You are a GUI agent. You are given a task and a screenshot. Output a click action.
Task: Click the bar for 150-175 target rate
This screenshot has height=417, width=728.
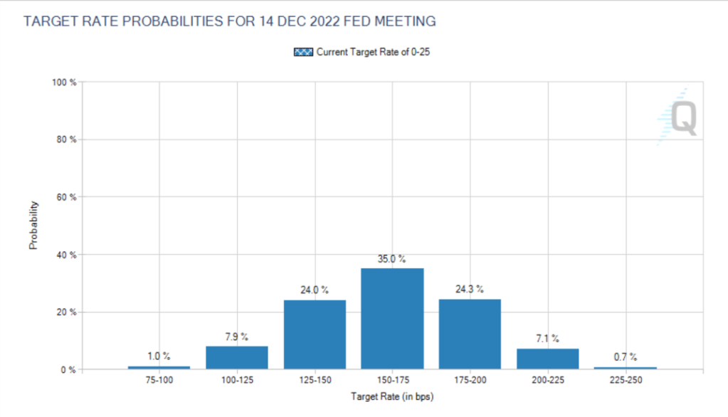pyautogui.click(x=392, y=319)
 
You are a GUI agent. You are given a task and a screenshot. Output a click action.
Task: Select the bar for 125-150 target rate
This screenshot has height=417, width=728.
pyautogui.click(x=315, y=334)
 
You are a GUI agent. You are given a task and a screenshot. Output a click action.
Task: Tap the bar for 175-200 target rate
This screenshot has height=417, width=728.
pyautogui.click(x=470, y=334)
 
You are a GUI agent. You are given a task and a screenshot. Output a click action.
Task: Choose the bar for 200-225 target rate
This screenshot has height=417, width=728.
pyautogui.click(x=547, y=359)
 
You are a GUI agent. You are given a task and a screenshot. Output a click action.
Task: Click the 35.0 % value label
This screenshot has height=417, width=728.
pyautogui.click(x=392, y=260)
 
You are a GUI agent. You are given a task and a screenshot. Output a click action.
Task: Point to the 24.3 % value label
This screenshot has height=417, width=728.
pyautogui.click(x=470, y=290)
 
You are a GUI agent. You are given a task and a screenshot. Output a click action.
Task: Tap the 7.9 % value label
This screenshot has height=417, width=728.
pyautogui.click(x=237, y=337)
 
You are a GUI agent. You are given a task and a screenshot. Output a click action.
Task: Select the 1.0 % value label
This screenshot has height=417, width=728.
pyautogui.click(x=159, y=357)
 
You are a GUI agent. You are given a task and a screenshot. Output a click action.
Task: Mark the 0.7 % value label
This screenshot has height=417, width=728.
pyautogui.click(x=625, y=357)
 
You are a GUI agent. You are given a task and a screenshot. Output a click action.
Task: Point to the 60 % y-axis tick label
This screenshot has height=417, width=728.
pyautogui.click(x=66, y=197)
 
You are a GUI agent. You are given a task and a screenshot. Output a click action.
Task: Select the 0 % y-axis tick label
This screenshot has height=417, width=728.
pyautogui.click(x=68, y=370)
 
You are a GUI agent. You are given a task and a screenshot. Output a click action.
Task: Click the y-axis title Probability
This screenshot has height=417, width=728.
pyautogui.click(x=33, y=226)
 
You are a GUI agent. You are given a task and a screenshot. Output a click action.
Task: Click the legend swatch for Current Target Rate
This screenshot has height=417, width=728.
pyautogui.click(x=303, y=52)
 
